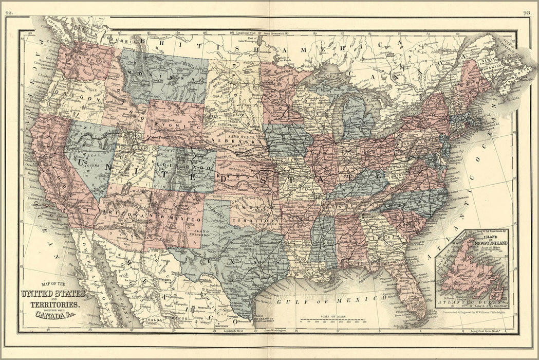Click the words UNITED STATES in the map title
[x=52, y=294]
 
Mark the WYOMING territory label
[x=178, y=125]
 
